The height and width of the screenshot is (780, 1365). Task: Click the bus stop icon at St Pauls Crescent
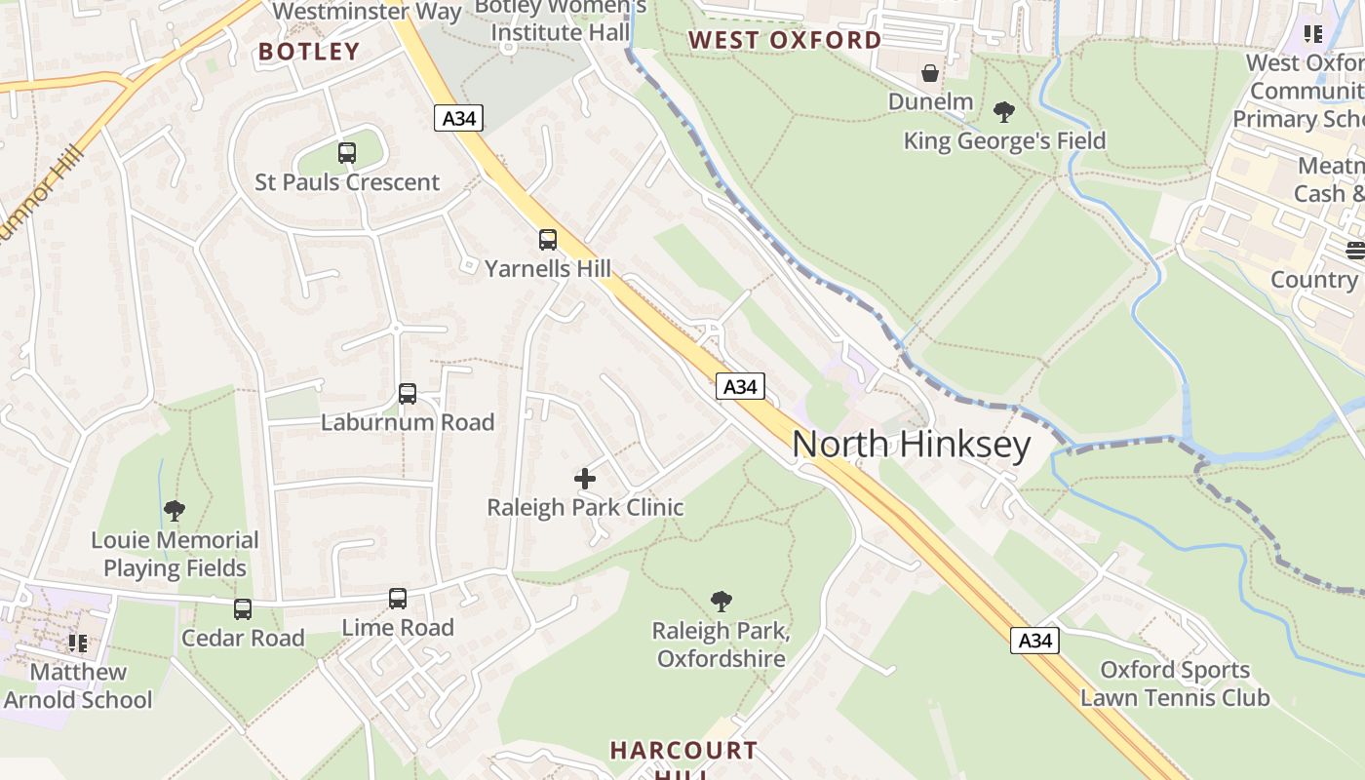pyautogui.click(x=346, y=153)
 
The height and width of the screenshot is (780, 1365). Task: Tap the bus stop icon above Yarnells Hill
pyautogui.click(x=548, y=239)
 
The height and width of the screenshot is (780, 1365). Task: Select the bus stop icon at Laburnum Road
pyautogui.click(x=408, y=394)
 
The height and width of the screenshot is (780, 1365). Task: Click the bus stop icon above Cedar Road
pyautogui.click(x=243, y=609)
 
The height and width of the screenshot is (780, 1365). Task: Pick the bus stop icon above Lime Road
pyautogui.click(x=398, y=599)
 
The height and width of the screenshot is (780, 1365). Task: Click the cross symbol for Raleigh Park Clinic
pyautogui.click(x=585, y=479)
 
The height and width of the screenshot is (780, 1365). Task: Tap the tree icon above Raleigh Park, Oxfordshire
pyautogui.click(x=721, y=602)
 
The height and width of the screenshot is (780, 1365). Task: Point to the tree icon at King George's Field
pyautogui.click(x=1004, y=112)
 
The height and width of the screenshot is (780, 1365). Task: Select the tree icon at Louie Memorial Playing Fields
pyautogui.click(x=175, y=511)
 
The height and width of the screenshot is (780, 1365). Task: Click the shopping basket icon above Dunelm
pyautogui.click(x=930, y=73)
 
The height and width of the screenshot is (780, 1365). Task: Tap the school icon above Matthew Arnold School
pyautogui.click(x=78, y=643)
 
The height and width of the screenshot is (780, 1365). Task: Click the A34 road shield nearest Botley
pyautogui.click(x=458, y=119)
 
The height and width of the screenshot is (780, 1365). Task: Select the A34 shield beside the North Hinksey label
pyautogui.click(x=740, y=387)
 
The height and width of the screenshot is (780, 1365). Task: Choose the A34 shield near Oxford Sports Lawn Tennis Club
pyautogui.click(x=1034, y=641)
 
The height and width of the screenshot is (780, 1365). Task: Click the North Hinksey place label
pyautogui.click(x=911, y=445)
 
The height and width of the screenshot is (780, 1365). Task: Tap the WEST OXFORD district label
pyautogui.click(x=785, y=40)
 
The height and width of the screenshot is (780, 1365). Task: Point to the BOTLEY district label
pyautogui.click(x=309, y=52)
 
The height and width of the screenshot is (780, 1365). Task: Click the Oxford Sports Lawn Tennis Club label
pyautogui.click(x=1175, y=683)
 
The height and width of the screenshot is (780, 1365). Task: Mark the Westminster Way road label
pyautogui.click(x=368, y=12)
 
